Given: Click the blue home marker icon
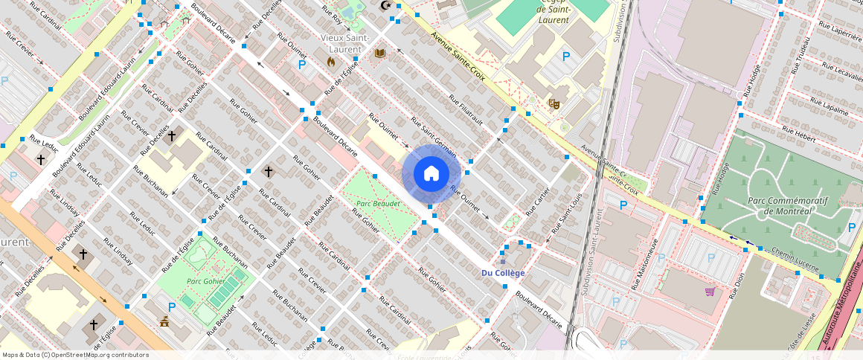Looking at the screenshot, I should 431,174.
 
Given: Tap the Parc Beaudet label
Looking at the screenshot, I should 378,203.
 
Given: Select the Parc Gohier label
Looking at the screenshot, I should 205,280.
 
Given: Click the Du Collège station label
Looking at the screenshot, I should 503,273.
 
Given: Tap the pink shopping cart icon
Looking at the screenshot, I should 710,291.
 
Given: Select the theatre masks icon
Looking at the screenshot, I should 554,104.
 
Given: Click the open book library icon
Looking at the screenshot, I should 380,54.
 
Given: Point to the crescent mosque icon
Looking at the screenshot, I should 385,6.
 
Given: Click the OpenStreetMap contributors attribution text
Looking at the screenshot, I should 74,355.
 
